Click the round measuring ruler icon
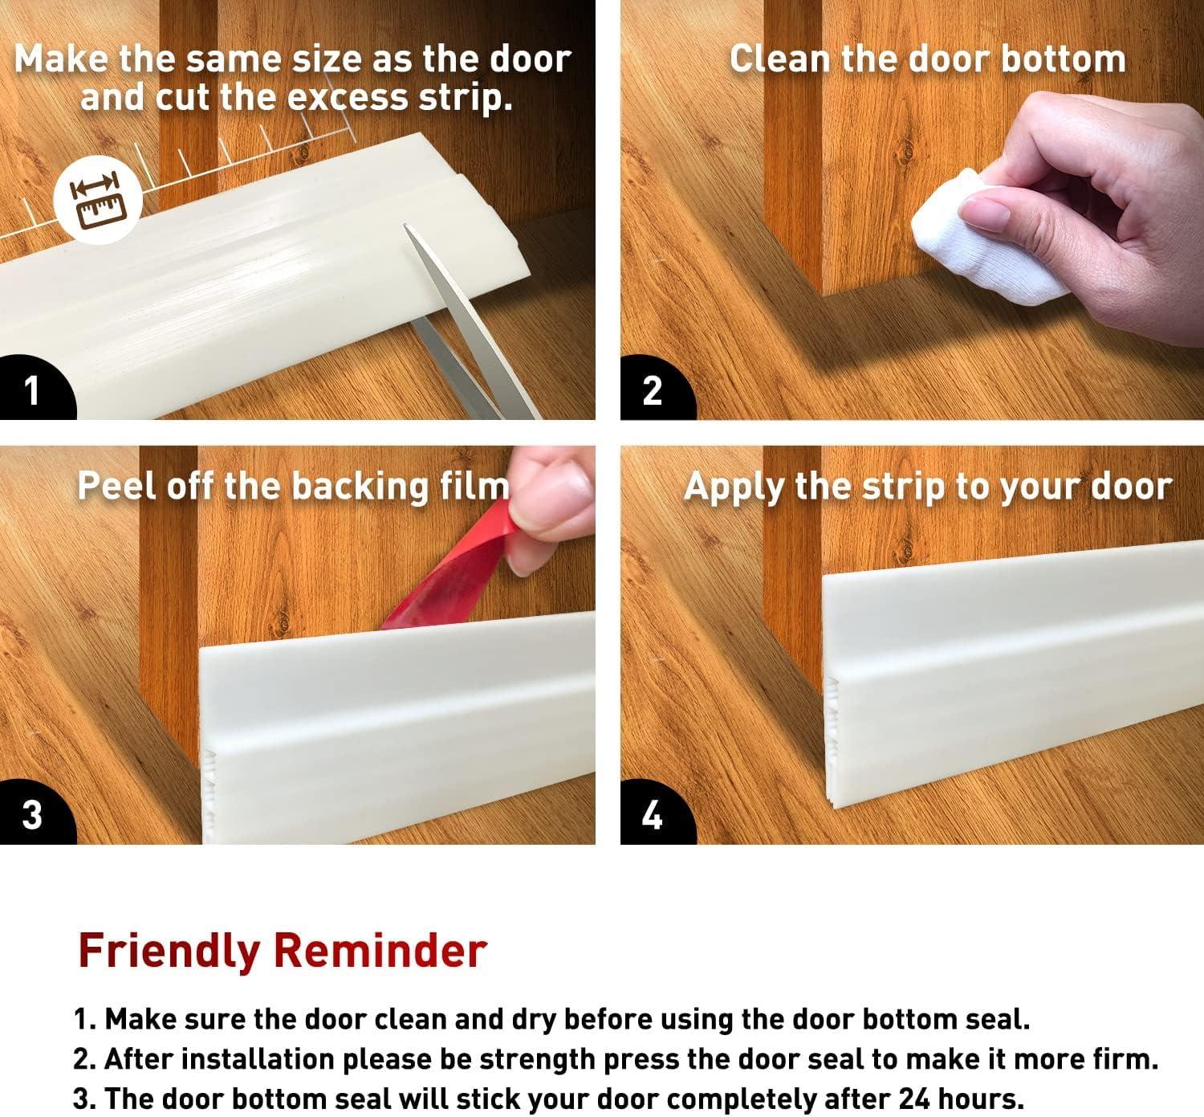click(98, 200)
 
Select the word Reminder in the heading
click(380, 951)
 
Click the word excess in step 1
click(347, 98)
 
